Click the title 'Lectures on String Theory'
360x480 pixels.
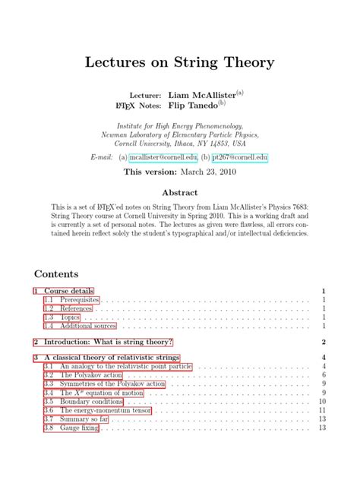(180, 62)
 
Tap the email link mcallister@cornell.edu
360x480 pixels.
(163, 157)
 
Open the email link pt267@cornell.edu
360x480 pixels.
(240, 157)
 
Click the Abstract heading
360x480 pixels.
(179, 193)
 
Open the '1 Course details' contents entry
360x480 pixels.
(64, 291)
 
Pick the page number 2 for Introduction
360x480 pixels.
(323, 343)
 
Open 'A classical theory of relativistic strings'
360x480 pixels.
(111, 357)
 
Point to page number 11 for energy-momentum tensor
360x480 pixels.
(322, 410)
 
